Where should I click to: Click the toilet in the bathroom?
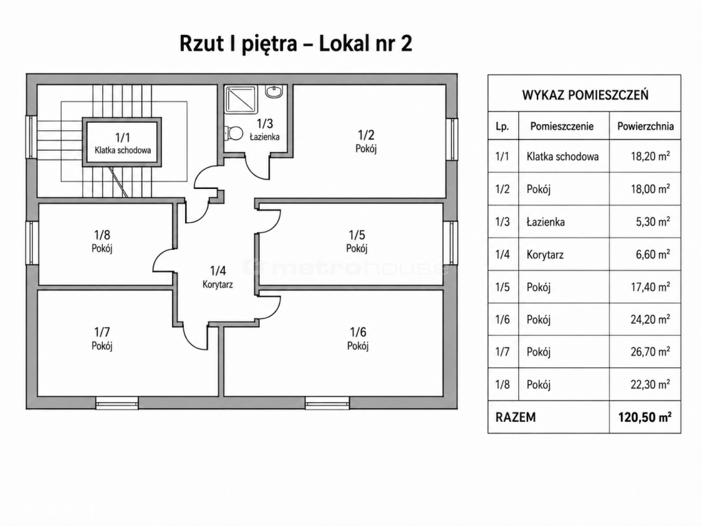tap(234, 133)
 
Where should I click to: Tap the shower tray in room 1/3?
tap(242, 99)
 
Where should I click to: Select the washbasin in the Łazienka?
tap(274, 92)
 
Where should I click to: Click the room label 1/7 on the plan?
tap(102, 338)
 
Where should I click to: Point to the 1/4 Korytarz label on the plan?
tap(217, 277)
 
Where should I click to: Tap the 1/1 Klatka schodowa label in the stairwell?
tap(122, 144)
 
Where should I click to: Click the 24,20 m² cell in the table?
tap(650, 319)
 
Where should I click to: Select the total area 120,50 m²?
tap(644, 417)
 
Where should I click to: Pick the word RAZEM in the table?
tap(516, 417)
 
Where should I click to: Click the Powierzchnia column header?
tap(645, 126)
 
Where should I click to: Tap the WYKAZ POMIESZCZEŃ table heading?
tap(585, 95)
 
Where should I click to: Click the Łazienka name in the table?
tap(545, 222)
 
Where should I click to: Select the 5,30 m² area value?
tap(653, 221)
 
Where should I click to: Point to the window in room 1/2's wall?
tap(452, 139)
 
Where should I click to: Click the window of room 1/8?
tap(32, 243)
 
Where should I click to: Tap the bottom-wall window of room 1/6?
tap(327, 403)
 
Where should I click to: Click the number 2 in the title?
tap(406, 44)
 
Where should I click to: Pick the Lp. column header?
tap(503, 127)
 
